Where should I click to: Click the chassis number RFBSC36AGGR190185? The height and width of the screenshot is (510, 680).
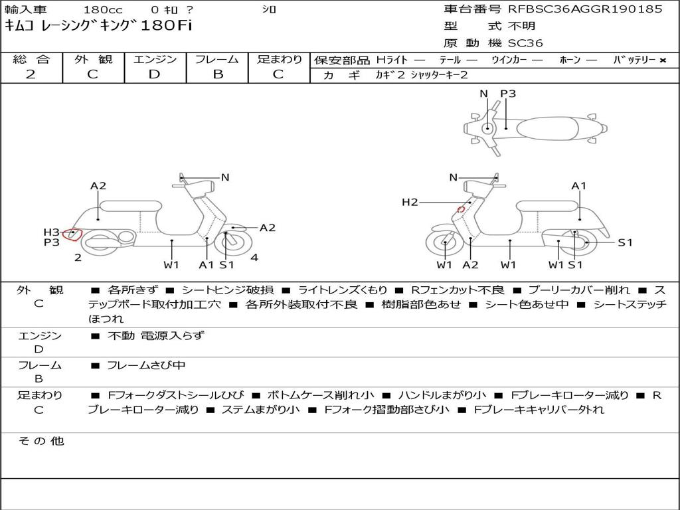tap(585, 9)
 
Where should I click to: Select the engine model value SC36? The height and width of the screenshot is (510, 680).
tap(525, 43)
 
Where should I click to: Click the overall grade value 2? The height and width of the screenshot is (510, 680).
tap(31, 74)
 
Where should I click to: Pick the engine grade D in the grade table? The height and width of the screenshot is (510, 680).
tap(155, 74)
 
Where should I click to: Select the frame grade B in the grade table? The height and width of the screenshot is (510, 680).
tap(217, 74)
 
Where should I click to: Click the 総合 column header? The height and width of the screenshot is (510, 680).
tap(31, 60)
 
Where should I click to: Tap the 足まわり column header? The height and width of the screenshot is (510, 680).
tap(279, 60)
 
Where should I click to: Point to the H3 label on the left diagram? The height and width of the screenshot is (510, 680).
tap(51, 232)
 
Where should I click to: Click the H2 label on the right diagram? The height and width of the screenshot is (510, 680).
tap(410, 202)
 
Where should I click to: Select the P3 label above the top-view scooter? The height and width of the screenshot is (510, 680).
tap(508, 94)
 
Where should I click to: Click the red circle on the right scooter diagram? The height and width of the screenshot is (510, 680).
tap(460, 210)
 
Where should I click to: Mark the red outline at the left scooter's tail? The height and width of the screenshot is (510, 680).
tap(72, 234)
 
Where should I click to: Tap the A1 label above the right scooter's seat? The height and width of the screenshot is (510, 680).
tap(579, 186)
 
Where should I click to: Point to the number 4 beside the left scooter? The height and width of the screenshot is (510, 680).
tap(254, 258)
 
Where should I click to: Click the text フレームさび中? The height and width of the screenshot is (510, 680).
tap(146, 365)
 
